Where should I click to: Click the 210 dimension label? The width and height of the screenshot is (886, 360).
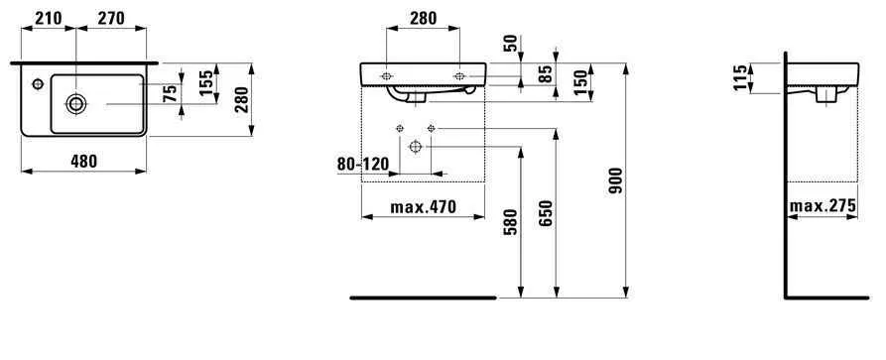[x=48, y=17]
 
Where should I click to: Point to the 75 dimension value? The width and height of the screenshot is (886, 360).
[x=171, y=93]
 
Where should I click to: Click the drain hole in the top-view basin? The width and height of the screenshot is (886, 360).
[x=75, y=102]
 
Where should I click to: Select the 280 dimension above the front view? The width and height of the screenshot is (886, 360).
[x=423, y=17]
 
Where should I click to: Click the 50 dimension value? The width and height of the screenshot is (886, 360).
[x=511, y=46]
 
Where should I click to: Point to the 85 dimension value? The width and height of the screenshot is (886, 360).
[x=545, y=73]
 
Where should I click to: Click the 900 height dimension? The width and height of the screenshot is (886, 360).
[x=614, y=180]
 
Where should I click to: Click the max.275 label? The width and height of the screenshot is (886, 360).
[x=823, y=206]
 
